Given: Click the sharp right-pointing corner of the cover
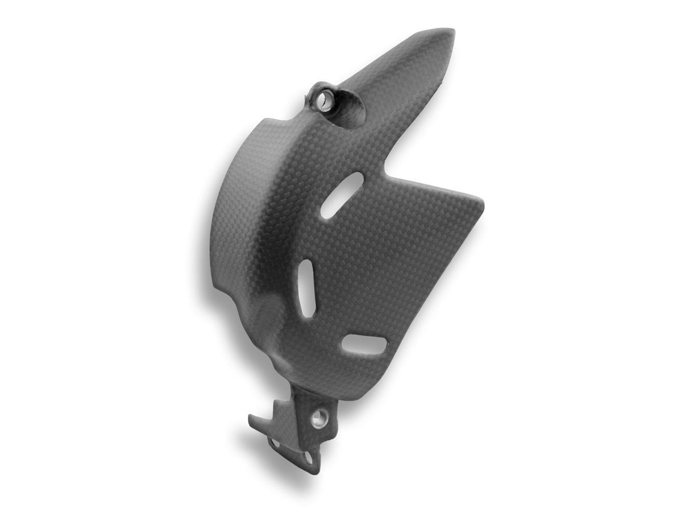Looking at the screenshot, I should (483, 200).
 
